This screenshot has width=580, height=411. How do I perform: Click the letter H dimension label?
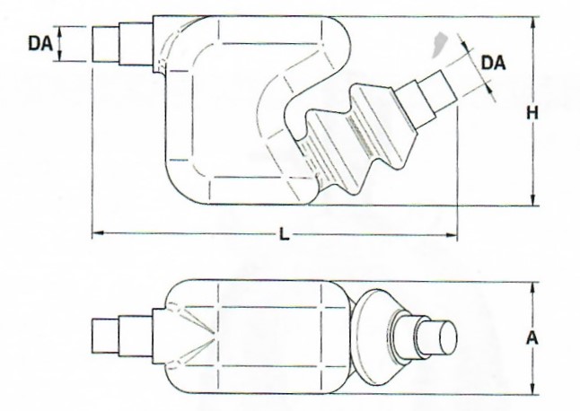(x=532, y=113)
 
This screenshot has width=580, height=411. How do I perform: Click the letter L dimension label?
(x=284, y=235)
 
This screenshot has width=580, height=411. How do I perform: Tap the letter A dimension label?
(x=532, y=338)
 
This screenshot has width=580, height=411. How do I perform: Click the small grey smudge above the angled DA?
(x=439, y=41)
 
